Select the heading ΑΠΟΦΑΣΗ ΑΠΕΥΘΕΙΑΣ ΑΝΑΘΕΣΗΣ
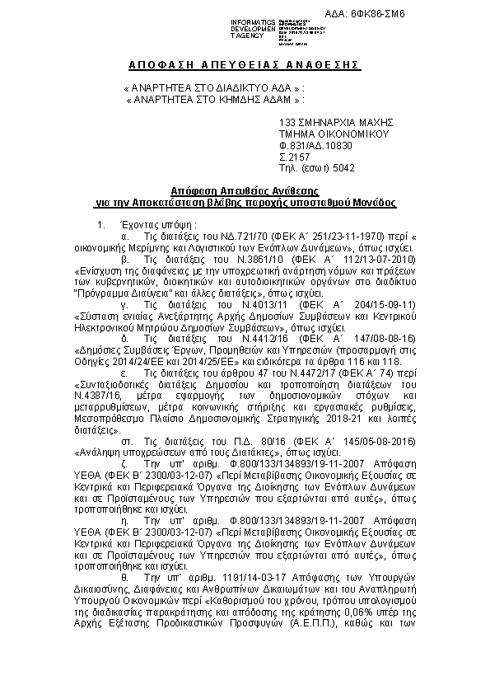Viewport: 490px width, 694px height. pos(246,66)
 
